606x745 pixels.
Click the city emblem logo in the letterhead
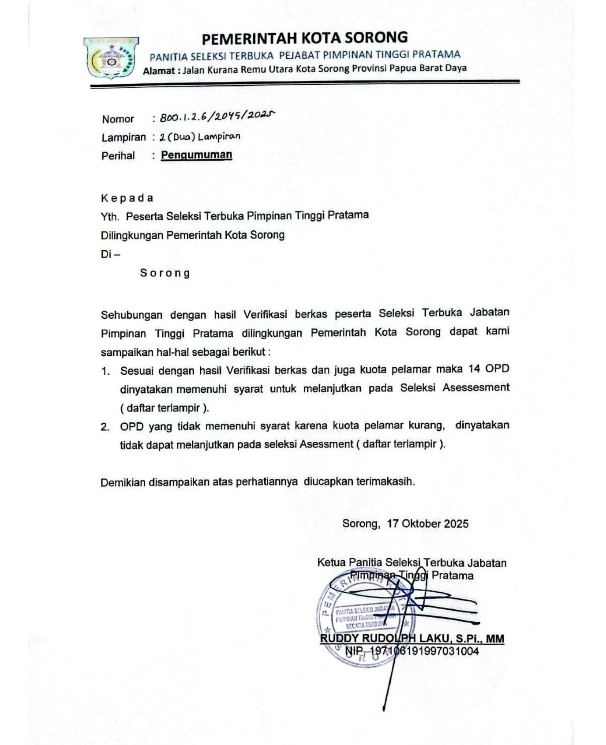click(111, 58)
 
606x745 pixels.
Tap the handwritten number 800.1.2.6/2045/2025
click(217, 117)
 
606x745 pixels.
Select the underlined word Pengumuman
click(196, 155)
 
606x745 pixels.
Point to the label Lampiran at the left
click(123, 137)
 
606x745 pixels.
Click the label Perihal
click(118, 156)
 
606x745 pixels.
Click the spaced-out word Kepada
click(127, 198)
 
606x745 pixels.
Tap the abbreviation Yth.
click(110, 217)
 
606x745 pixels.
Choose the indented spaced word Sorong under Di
click(165, 273)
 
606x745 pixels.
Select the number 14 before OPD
click(474, 369)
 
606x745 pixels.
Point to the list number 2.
click(105, 427)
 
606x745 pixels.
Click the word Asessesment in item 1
click(476, 388)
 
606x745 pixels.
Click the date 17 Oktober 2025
click(427, 524)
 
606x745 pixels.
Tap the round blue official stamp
click(362, 618)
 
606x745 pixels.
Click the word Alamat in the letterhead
click(159, 71)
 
